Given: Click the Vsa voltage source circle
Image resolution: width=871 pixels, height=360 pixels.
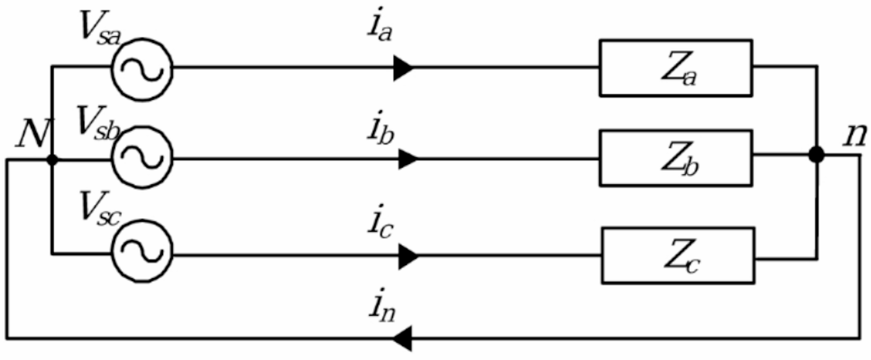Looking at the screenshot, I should [x=142, y=69].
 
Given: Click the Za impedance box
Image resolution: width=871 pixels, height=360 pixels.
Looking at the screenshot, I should [x=675, y=68].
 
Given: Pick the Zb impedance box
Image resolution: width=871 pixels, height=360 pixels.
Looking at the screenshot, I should [x=675, y=158].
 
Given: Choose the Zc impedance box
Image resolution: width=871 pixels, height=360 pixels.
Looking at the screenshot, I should [x=678, y=255].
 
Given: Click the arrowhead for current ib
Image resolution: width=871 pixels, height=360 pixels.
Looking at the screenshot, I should [x=407, y=159].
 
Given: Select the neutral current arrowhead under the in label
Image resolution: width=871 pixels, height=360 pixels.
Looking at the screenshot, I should [x=402, y=338].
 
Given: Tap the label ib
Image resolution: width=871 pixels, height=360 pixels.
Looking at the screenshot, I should [x=380, y=128].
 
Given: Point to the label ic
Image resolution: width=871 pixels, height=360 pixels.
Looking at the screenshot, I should [x=380, y=222].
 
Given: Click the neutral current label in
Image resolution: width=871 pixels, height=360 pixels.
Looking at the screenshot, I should [x=382, y=306].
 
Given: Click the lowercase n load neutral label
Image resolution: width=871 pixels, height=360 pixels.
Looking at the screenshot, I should [x=855, y=135].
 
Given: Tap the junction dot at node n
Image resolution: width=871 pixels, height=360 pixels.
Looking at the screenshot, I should [x=816, y=154].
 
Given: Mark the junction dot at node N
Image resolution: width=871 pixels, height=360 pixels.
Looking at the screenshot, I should [x=52, y=160].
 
